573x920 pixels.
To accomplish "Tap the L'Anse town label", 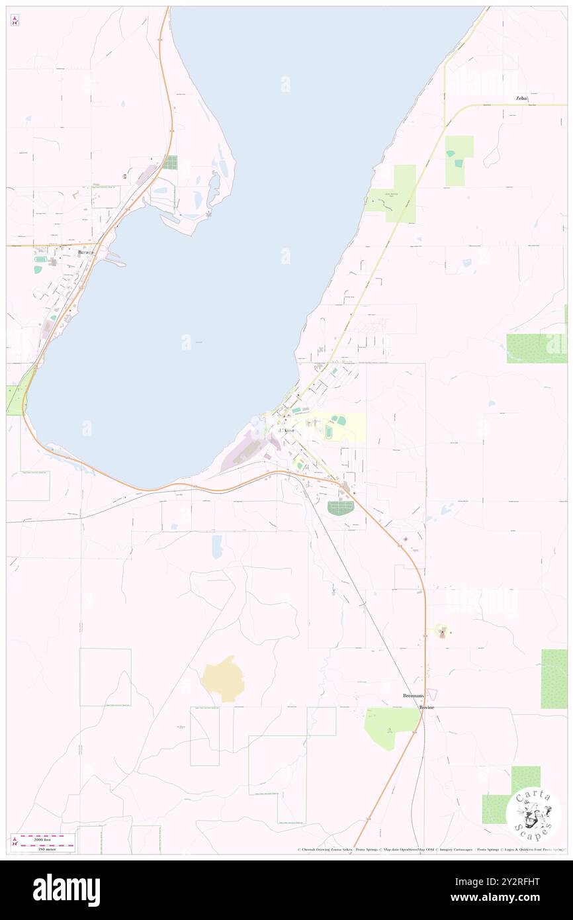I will point(290,431).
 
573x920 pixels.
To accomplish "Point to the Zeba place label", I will point(522,98).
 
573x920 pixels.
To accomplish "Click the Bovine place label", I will point(427,708).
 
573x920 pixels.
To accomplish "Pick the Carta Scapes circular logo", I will point(533,815).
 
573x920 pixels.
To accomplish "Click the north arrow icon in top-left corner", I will point(15,21).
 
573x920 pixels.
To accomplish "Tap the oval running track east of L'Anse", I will point(329,432).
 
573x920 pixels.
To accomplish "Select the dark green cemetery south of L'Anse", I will point(341,508).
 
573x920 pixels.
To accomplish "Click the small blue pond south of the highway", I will point(217,547).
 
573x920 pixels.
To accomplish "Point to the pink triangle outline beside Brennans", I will point(432,693).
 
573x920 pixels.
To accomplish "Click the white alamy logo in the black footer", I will point(66,890).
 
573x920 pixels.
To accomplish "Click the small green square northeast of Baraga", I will point(171,162).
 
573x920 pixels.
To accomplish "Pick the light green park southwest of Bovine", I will point(390,726).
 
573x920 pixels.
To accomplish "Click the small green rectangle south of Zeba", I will point(459,160).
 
